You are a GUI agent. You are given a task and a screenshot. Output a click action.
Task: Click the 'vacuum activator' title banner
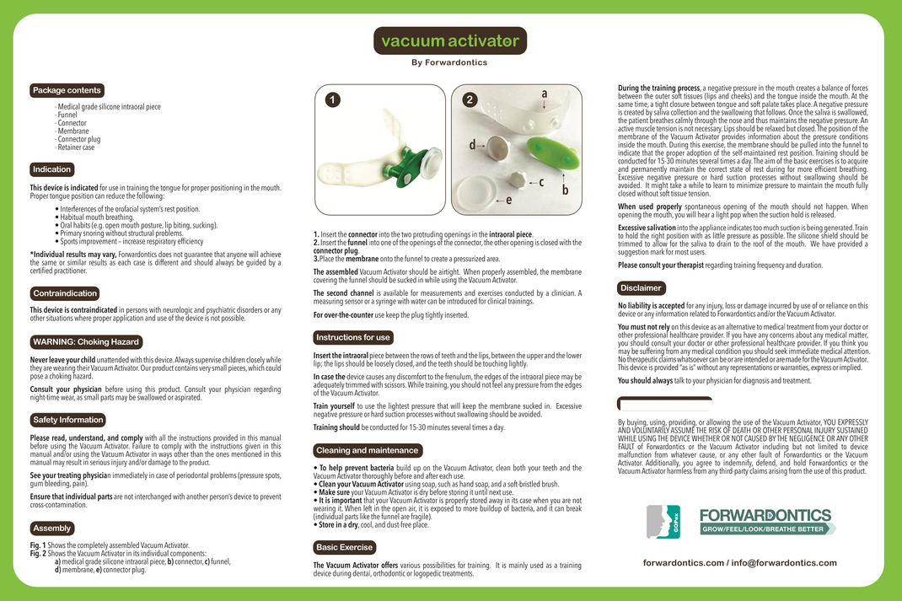[450, 40]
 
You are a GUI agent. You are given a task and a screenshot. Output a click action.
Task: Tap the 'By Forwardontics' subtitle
[450, 62]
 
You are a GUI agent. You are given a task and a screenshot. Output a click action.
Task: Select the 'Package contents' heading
[67, 90]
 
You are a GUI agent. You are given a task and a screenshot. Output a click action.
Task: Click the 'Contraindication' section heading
[65, 293]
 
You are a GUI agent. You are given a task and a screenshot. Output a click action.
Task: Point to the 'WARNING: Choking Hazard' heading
[85, 342]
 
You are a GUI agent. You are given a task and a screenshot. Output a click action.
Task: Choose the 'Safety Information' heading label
[68, 420]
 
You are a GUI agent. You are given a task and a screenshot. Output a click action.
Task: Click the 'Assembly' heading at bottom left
[52, 529]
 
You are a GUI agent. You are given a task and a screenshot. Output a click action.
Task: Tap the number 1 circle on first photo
[334, 99]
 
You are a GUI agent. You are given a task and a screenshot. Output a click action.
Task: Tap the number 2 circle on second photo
[470, 99]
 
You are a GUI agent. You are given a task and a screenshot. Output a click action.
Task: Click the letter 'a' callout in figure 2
[545, 94]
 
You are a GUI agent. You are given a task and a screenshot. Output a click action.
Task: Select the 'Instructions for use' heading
[353, 337]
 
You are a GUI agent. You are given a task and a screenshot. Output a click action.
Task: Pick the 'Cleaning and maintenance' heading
[368, 450]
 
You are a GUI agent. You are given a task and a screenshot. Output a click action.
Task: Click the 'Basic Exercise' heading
[344, 547]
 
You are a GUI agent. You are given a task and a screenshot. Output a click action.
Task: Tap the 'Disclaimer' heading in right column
[641, 288]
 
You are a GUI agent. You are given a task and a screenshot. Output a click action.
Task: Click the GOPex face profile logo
[663, 522]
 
